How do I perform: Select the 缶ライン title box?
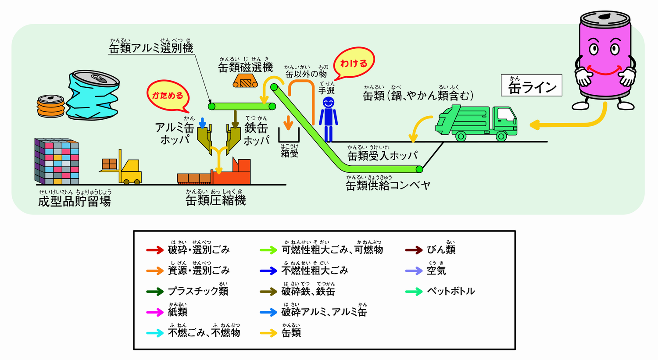click(531, 86)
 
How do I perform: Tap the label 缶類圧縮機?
click(215, 200)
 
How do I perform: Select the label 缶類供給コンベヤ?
click(388, 185)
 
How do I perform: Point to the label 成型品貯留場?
click(75, 201)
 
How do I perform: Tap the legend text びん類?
click(441, 250)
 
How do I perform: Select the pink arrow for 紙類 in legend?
click(155, 312)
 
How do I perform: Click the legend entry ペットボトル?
click(451, 291)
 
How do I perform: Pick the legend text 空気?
click(436, 271)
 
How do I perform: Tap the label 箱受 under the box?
click(290, 153)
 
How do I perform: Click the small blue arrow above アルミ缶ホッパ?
click(202, 122)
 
